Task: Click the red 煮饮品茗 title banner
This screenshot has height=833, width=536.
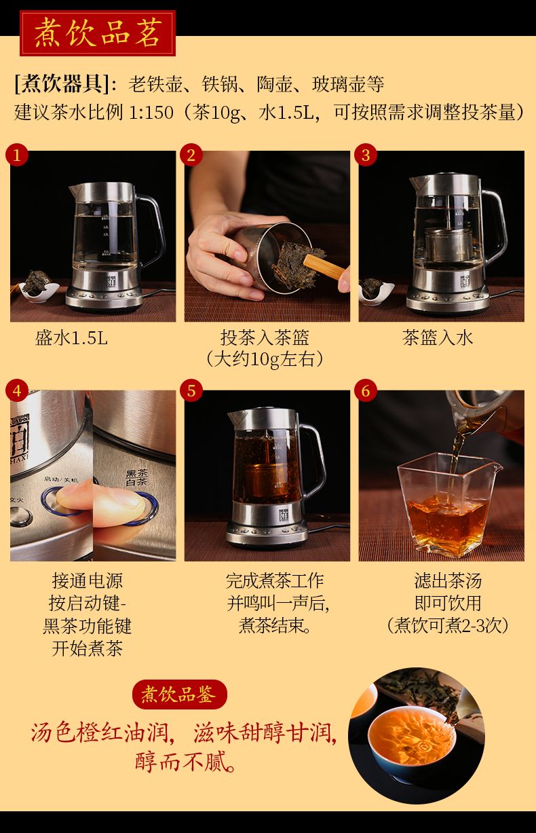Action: coord(98,33)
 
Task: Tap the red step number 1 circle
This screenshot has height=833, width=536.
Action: coord(17,155)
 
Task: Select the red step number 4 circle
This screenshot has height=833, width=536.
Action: coord(17,390)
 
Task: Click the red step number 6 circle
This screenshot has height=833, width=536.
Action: coord(366,390)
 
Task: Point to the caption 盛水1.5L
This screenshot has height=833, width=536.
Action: coord(71,338)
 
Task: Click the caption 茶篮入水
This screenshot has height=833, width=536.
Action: coord(438,338)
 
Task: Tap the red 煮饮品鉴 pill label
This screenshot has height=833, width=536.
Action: coord(180,695)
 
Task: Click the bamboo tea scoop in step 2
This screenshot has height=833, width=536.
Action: coord(324,267)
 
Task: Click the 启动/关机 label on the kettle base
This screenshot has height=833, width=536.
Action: coord(62,479)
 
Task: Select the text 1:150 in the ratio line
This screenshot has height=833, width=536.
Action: coord(151,112)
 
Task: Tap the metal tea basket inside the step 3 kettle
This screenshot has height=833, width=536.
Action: coord(448,244)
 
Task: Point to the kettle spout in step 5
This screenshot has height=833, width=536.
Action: coord(235,418)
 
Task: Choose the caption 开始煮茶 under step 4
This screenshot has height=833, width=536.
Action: coord(87,648)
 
